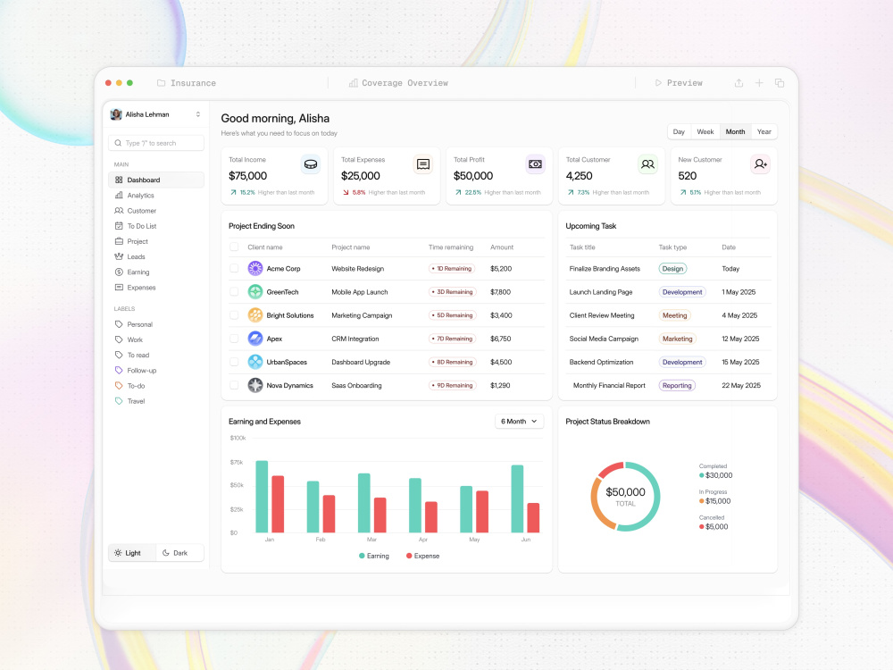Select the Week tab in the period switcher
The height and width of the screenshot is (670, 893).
click(705, 131)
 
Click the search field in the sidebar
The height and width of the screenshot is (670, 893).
click(156, 143)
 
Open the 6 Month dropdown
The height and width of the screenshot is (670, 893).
click(520, 422)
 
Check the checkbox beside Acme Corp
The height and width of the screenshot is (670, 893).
click(234, 268)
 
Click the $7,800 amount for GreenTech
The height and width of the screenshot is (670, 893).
click(501, 292)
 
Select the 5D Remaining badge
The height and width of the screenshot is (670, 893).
click(452, 315)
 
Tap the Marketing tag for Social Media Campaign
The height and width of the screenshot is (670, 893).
click(677, 339)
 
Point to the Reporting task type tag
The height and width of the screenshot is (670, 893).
click(677, 385)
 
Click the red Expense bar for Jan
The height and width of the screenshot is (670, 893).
click(278, 504)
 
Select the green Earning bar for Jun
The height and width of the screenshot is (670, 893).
click(517, 499)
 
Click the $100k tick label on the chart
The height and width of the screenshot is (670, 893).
click(238, 438)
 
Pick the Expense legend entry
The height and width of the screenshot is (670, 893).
click(422, 556)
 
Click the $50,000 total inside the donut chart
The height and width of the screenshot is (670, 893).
click(625, 491)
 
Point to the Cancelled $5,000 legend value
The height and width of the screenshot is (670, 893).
click(716, 526)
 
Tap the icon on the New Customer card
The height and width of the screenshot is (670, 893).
click(760, 164)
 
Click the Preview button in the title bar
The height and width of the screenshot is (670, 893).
click(679, 83)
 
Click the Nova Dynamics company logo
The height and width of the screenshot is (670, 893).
click(255, 385)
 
